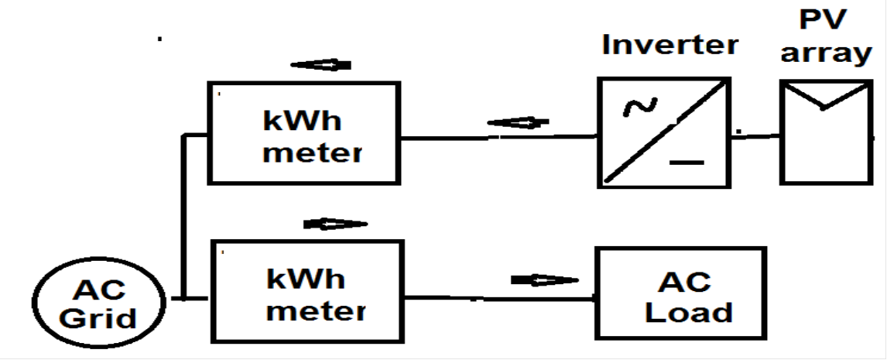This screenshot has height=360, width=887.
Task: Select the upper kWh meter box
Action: (x=303, y=133)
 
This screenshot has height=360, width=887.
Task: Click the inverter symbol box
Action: (x=664, y=132)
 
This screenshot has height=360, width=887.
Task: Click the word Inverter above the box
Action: (x=670, y=44)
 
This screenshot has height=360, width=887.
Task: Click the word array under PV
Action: (x=826, y=53)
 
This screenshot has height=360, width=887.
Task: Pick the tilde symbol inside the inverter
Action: (x=640, y=106)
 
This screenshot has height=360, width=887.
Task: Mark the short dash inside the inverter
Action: (x=687, y=163)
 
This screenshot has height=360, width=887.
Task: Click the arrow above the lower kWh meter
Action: (x=335, y=224)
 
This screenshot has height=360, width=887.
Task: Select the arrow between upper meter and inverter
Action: (x=518, y=122)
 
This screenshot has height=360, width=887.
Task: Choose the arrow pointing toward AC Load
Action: (x=545, y=280)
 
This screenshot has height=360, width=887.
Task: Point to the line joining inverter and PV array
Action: (x=755, y=135)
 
